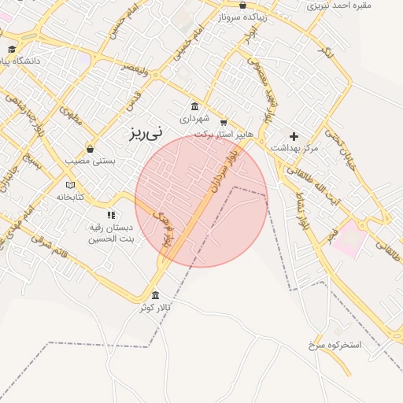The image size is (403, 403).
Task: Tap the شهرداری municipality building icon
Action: pyautogui.click(x=194, y=106)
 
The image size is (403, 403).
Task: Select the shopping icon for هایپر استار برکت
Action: pyautogui.click(x=224, y=123)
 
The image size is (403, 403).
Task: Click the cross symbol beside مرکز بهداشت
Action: pyautogui.click(x=294, y=136)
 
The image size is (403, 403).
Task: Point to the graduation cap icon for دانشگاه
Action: pyautogui.click(x=12, y=49)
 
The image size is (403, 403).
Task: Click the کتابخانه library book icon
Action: pyautogui.click(x=70, y=185)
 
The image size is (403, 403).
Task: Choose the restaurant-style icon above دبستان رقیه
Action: pyautogui.click(x=111, y=214)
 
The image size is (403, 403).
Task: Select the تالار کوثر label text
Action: pyautogui.click(x=155, y=307)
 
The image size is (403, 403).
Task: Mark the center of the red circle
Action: pyautogui.click(x=201, y=201)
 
